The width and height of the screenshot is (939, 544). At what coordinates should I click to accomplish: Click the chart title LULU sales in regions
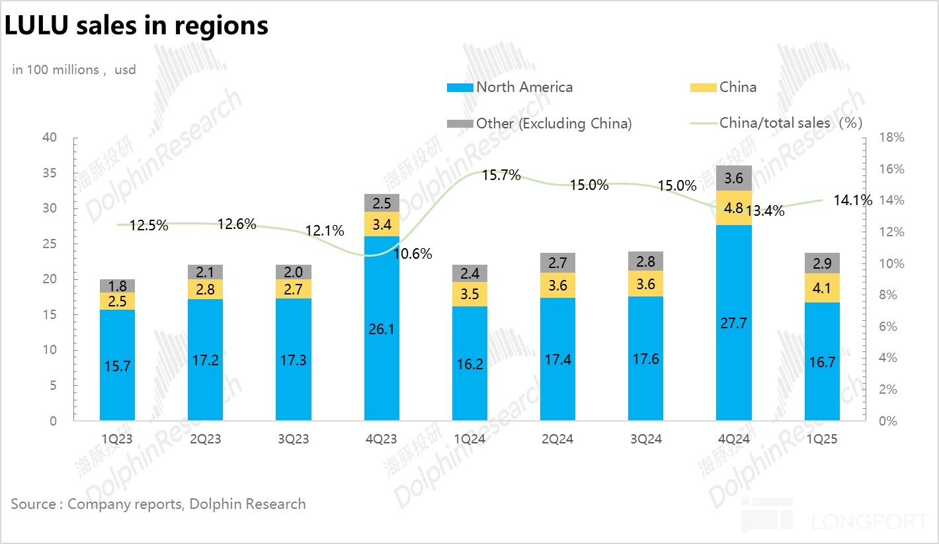coord(137,25)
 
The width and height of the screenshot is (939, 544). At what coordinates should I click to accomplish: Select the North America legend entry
coord(510,87)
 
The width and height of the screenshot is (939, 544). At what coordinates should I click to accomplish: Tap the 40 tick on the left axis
coord(50,138)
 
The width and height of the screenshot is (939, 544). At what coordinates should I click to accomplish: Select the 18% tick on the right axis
coord(891,138)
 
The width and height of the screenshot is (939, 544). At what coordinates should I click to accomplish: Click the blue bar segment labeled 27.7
coord(734,323)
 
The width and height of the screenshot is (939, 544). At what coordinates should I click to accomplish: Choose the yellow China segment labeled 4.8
coord(734,208)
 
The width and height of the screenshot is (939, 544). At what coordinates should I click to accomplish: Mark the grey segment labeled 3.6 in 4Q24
coord(734,178)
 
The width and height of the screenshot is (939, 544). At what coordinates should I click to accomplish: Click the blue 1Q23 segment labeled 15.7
coord(117,365)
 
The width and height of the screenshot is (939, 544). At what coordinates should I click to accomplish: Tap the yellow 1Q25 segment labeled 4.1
coord(822,288)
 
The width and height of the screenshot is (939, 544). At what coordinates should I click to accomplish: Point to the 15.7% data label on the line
coord(501,175)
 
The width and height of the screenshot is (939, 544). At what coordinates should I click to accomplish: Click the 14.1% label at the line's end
coord(852,200)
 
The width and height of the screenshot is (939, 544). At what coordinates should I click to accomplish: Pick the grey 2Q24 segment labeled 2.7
coord(557,263)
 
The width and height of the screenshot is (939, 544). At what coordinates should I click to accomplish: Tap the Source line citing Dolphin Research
coord(158,504)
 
